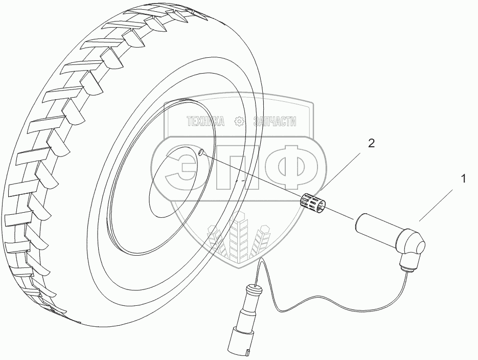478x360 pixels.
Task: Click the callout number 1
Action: (463, 179)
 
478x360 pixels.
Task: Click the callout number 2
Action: (371, 144)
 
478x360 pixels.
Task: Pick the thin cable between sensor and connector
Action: (327, 302)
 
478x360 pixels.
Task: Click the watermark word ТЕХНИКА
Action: (206, 122)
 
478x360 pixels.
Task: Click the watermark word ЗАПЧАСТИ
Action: (275, 122)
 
